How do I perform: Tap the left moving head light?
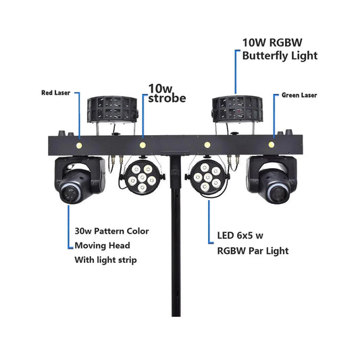pyautogui.click(x=78, y=181)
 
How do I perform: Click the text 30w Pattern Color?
pyautogui.click(x=111, y=231)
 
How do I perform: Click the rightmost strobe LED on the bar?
pyautogui.click(x=272, y=145)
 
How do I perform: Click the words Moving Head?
pyautogui.click(x=102, y=245)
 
